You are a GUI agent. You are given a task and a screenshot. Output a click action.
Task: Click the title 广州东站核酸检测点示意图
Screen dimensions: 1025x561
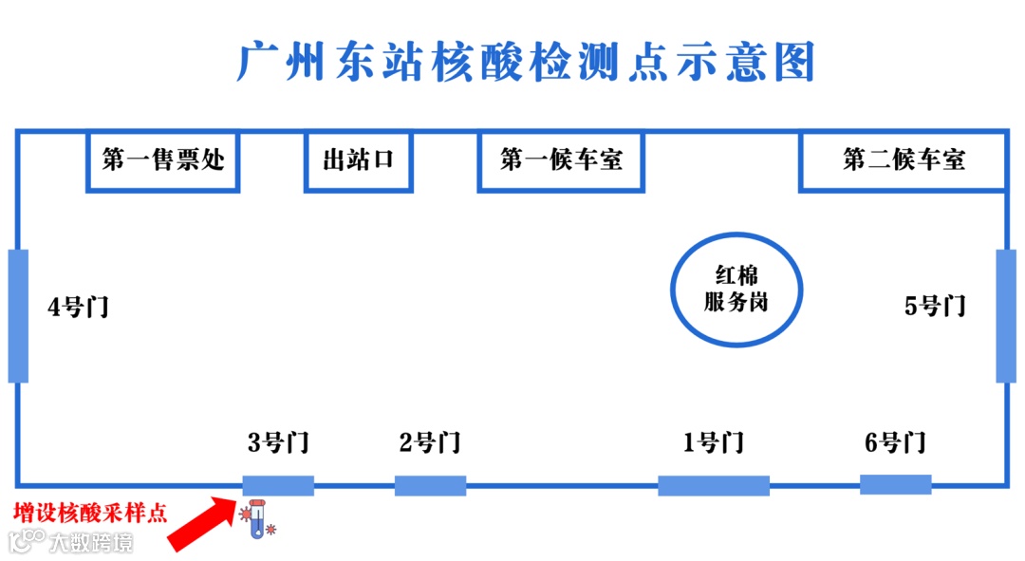pos(526,63)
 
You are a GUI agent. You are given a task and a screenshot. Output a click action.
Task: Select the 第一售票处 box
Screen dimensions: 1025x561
pos(162,159)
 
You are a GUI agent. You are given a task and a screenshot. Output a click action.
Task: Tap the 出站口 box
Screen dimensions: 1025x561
pos(358,159)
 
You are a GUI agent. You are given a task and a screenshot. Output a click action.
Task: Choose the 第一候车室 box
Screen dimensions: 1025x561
pos(561,159)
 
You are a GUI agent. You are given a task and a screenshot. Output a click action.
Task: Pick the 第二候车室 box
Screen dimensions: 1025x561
pos(903,159)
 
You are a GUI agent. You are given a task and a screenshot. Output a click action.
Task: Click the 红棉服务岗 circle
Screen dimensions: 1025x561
pos(736,290)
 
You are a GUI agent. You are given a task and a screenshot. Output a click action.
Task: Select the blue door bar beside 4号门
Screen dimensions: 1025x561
pos(18,315)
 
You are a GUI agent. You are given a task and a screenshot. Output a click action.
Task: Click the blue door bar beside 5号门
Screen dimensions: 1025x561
pos(1006,315)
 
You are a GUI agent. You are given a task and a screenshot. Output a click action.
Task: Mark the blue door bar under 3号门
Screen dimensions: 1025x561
pos(278,485)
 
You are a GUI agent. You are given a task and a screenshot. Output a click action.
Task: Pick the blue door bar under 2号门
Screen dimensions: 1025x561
pos(430,485)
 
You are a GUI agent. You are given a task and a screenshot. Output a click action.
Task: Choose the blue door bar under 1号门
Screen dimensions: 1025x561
pos(714,485)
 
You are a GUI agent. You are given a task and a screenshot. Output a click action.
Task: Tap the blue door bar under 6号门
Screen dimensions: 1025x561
pos(895,484)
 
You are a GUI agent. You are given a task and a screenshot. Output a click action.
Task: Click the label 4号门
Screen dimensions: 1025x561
pos(78,307)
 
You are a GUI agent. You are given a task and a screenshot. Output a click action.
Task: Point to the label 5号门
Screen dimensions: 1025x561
pos(935,306)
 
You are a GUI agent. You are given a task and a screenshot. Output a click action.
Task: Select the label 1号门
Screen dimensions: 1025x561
pos(713,442)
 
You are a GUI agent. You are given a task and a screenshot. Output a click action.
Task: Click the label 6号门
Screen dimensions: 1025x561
pos(895,442)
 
